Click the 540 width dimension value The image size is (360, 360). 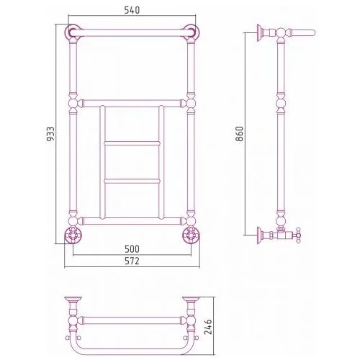[132, 10]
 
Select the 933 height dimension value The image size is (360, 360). [50, 134]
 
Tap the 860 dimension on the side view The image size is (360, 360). [239, 134]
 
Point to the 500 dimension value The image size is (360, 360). [132, 249]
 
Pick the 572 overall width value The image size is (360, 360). [132, 261]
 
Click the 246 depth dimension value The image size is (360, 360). [208, 327]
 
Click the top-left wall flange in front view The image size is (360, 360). [73, 32]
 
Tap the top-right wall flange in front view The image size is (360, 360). [191, 32]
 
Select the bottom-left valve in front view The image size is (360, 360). [73, 235]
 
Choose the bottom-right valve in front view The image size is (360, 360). [191, 235]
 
